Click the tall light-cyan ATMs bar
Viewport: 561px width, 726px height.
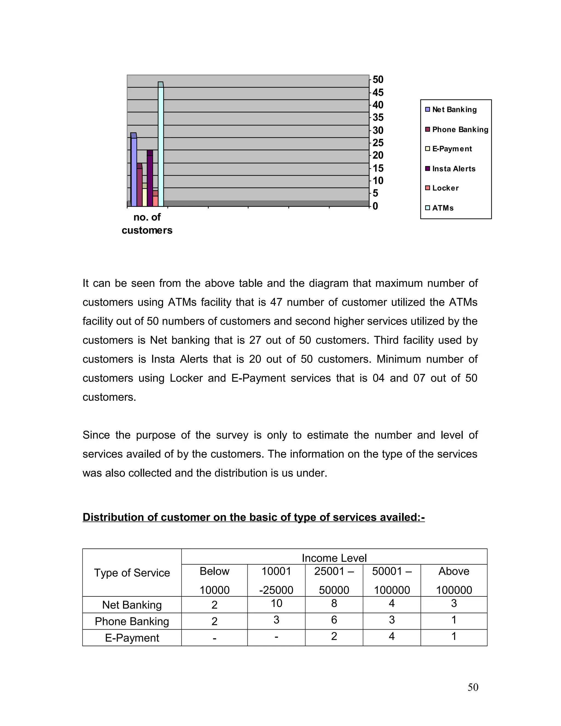click(161, 146)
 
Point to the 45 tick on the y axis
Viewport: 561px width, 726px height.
click(378, 92)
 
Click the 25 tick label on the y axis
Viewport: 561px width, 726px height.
click(378, 143)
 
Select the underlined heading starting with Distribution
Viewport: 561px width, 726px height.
click(254, 517)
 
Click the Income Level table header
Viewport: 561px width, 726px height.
click(334, 558)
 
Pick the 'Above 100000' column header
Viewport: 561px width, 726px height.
click(454, 581)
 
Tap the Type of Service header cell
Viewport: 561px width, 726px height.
click(132, 572)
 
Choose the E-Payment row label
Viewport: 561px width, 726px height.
click(132, 638)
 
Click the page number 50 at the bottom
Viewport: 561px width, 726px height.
click(473, 687)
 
